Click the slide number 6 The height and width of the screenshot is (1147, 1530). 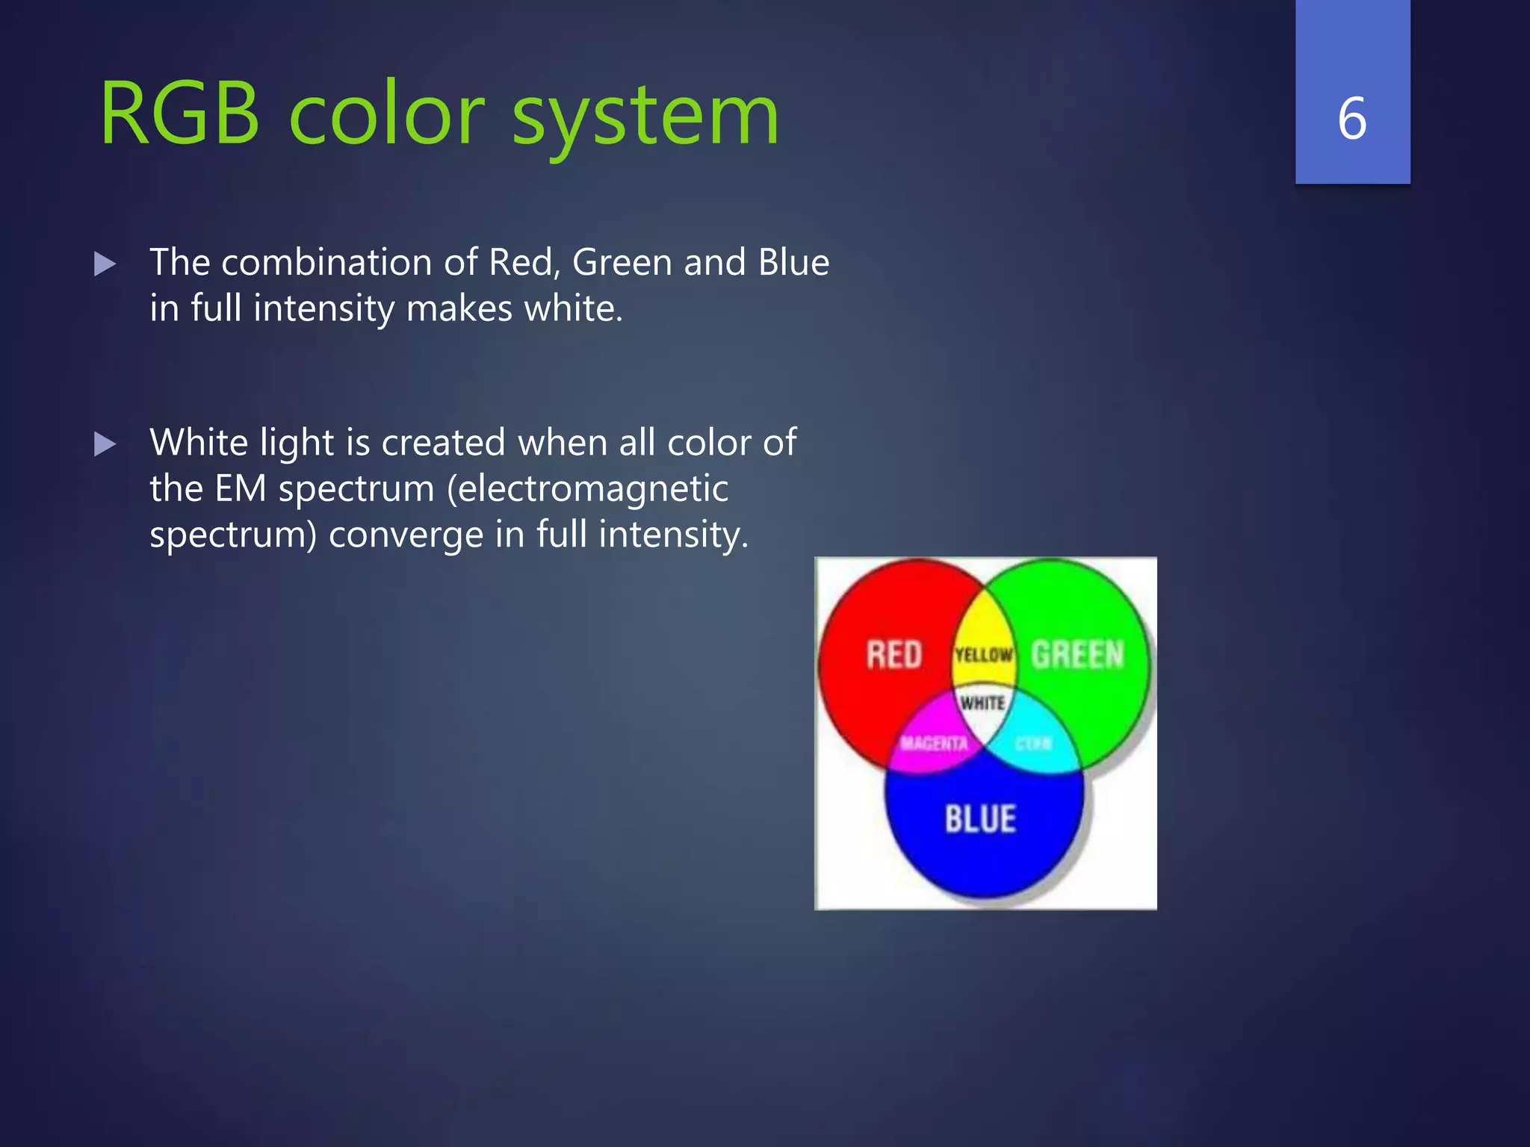1352,119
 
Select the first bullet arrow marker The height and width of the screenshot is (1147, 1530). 105,264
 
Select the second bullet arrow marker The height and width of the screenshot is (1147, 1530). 105,445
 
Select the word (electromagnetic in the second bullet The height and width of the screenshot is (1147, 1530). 587,489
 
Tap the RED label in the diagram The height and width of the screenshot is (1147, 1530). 893,655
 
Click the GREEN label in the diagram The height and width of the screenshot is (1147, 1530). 1077,655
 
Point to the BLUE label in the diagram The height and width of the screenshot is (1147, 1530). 980,819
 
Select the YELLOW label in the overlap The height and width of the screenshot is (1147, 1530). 983,656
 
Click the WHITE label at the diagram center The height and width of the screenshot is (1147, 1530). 982,703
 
